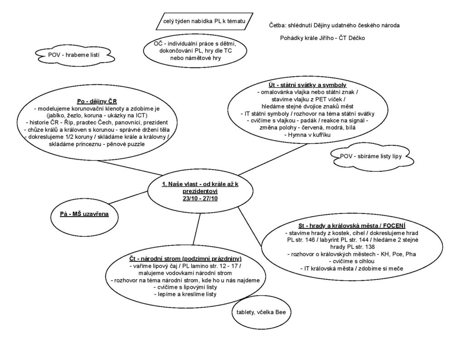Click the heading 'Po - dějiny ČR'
[x=97, y=102]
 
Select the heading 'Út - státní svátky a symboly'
[x=308, y=85]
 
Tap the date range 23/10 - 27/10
[x=200, y=199]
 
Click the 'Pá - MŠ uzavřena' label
[x=84, y=214]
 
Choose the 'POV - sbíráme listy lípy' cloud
[x=372, y=156]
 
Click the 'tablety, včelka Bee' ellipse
[x=261, y=312]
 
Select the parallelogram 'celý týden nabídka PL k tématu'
[x=204, y=21]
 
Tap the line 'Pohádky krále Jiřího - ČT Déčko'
[x=323, y=38]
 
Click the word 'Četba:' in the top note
[x=278, y=25]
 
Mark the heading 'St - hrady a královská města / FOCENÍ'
[x=352, y=226]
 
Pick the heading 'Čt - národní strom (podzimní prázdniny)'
[x=185, y=259]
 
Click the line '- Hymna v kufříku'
[x=308, y=135]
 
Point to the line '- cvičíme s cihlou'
[x=352, y=262]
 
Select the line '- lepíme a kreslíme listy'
[x=185, y=294]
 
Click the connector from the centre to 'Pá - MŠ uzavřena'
[x=128, y=198]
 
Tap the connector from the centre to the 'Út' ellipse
[x=272, y=160]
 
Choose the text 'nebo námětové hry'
[x=195, y=58]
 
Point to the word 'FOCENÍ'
[x=394, y=226]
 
